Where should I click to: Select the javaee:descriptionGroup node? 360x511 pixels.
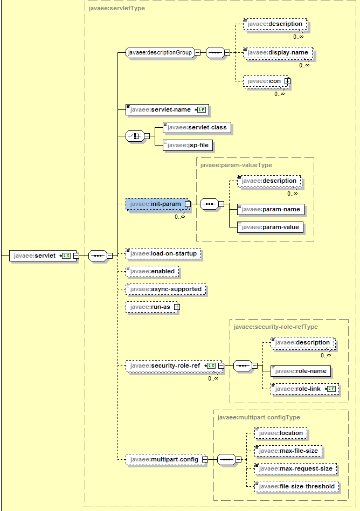tap(160, 53)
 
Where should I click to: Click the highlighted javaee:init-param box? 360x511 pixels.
tap(155, 204)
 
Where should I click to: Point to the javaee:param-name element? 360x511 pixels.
tap(270, 209)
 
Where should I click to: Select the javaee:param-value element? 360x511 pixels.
tap(270, 227)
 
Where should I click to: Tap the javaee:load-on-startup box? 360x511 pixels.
tap(163, 253)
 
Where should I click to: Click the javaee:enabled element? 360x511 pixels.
tap(152, 271)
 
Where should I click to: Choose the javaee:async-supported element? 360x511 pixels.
tap(165, 289)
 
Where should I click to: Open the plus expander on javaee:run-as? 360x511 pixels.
tap(176, 307)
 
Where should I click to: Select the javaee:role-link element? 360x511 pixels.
tap(299, 388)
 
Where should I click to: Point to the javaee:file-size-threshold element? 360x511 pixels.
tap(296, 486)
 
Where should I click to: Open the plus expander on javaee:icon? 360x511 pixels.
tap(287, 81)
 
